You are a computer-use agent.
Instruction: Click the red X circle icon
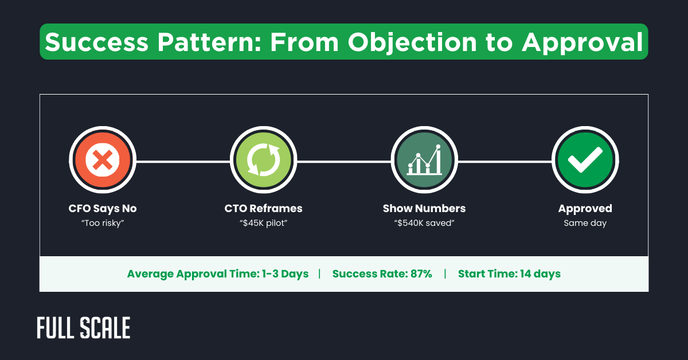(x=103, y=161)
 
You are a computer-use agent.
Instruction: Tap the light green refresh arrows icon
(x=263, y=161)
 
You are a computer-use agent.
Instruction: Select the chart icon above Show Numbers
(x=424, y=161)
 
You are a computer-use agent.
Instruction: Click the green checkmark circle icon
(x=584, y=161)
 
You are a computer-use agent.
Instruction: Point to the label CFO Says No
(x=103, y=209)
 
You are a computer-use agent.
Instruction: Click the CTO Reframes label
(x=263, y=209)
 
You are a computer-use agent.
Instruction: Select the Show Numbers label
(x=424, y=209)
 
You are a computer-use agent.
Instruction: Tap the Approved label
(x=585, y=209)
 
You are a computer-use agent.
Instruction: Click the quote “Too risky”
(x=103, y=223)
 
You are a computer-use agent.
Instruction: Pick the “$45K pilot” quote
(x=263, y=223)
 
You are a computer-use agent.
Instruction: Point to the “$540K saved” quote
(x=424, y=223)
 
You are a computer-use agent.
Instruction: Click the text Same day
(x=585, y=223)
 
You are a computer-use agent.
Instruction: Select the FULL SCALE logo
(x=84, y=327)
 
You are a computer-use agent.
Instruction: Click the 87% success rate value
(x=421, y=274)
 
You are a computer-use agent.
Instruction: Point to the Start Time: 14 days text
(x=509, y=274)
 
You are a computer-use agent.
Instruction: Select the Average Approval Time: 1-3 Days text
(x=218, y=274)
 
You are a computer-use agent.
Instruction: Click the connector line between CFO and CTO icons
(x=183, y=162)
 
